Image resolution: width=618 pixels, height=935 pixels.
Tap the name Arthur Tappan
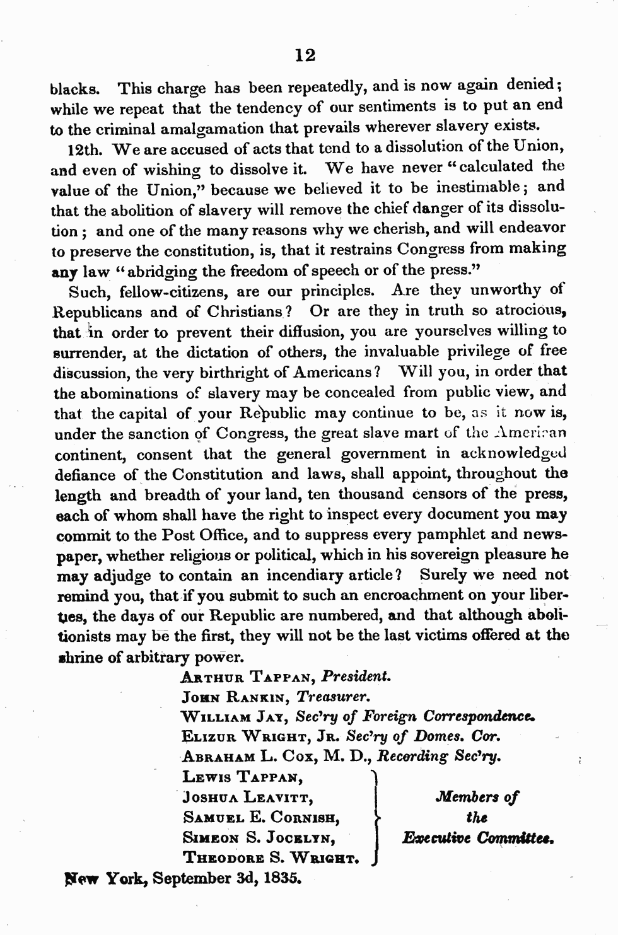[247, 678]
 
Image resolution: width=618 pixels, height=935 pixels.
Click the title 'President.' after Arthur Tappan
[356, 677]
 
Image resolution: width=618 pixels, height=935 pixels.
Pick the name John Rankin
[235, 697]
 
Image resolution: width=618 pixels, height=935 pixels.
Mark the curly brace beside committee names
[376, 818]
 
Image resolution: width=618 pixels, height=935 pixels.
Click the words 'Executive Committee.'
[477, 839]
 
